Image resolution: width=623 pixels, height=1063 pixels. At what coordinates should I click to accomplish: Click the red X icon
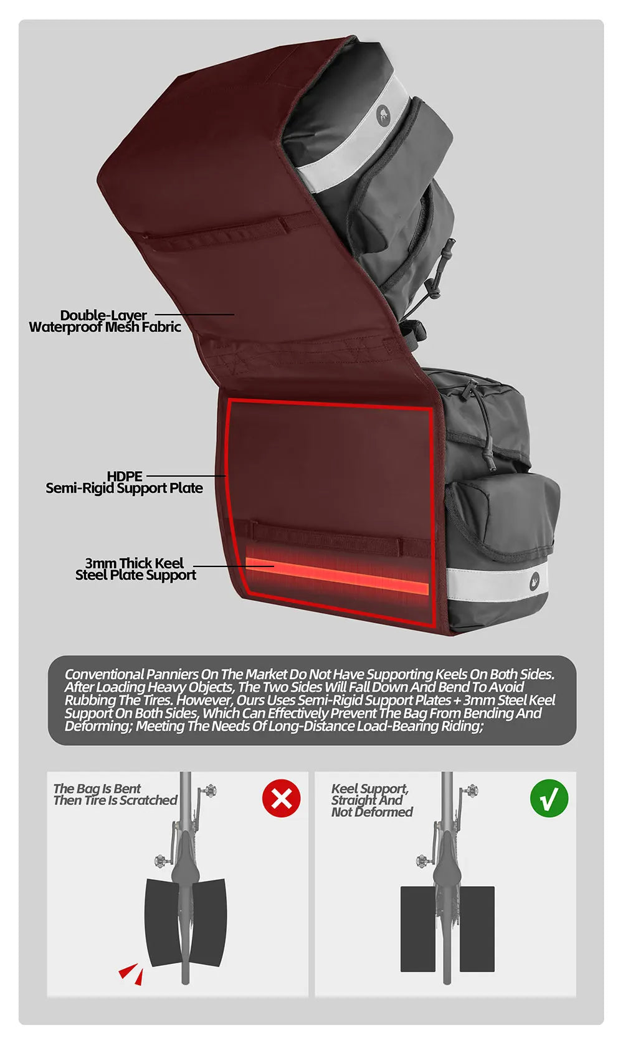282,798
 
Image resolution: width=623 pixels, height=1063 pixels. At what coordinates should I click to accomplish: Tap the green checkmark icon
549,798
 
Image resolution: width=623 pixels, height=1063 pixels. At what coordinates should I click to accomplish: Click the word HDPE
125,476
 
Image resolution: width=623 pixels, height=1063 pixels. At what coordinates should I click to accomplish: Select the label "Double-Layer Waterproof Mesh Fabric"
105,321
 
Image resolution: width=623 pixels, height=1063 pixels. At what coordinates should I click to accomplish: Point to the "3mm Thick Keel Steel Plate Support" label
135,569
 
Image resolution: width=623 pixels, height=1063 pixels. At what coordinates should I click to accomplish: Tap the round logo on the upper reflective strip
383,115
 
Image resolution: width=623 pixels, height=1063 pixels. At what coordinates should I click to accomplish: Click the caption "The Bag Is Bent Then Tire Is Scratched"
115,794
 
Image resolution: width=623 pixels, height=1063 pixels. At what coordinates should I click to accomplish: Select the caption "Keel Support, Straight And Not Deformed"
372,800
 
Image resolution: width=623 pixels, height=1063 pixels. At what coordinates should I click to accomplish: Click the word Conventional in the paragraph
104,674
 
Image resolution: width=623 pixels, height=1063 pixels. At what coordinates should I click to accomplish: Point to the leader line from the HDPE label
186,475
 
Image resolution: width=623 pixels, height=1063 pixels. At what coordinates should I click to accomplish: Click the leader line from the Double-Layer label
195,314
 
